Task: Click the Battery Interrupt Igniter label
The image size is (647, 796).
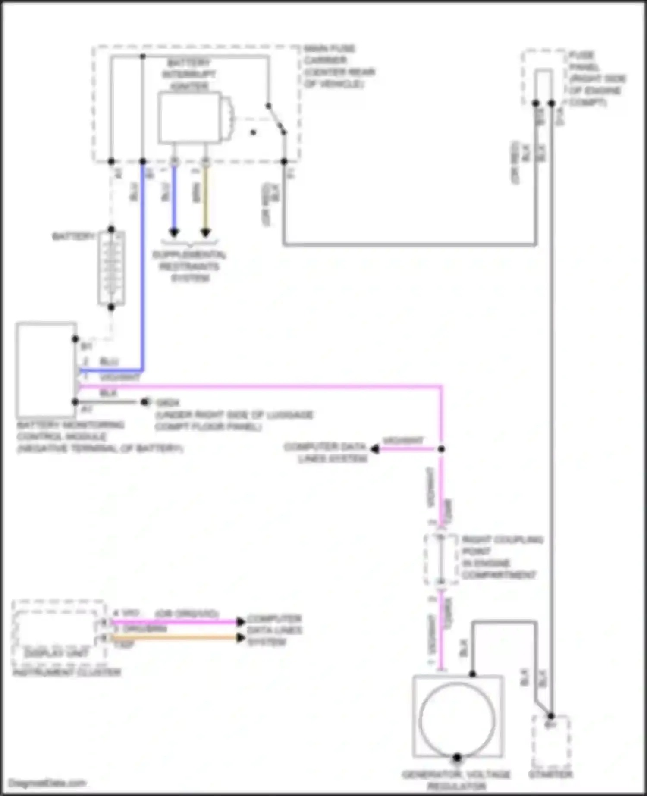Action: point(189,74)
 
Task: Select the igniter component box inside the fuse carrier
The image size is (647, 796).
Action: point(189,117)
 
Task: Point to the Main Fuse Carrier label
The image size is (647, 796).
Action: point(339,66)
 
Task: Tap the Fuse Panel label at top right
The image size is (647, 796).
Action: point(597,79)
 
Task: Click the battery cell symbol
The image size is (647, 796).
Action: point(111,268)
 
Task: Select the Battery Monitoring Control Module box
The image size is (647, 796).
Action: point(46,370)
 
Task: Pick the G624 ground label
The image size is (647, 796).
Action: point(167,403)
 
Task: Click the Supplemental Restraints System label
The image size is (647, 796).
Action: point(189,266)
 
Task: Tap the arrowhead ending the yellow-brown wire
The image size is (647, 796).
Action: point(206,233)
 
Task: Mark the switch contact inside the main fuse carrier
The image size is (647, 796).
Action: point(276,119)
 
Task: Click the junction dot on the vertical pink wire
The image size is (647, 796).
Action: point(441,449)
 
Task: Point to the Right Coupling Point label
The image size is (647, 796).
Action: point(502,557)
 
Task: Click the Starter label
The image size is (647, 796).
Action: point(551,774)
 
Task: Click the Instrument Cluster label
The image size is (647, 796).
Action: point(67,672)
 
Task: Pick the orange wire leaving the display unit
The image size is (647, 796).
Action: point(173,637)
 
